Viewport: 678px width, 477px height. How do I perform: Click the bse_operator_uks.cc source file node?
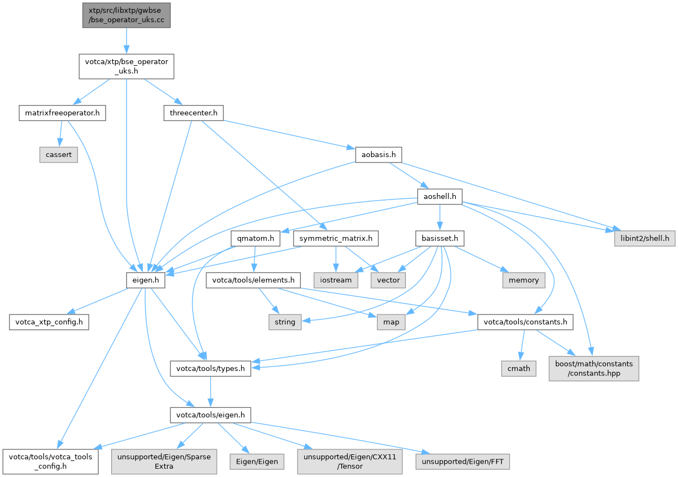126,15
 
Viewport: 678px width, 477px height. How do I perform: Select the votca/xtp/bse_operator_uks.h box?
127,66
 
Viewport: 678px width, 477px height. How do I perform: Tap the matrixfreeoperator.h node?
61,114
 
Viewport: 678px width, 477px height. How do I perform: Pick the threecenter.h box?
192,114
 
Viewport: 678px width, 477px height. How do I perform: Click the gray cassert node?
59,155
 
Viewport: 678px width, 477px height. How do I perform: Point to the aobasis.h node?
378,155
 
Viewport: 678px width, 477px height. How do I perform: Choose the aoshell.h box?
439,196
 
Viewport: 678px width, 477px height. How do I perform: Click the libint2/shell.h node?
643,238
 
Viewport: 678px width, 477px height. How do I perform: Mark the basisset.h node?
439,238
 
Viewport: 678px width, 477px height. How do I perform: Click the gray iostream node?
336,280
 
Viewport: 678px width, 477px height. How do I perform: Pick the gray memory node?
524,280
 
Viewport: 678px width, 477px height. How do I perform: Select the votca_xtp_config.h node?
49,322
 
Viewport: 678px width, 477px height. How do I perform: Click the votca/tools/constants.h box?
525,322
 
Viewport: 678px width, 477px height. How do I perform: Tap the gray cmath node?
519,368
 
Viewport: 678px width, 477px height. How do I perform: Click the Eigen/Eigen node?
257,460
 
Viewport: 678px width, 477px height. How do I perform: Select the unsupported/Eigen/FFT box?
465,460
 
